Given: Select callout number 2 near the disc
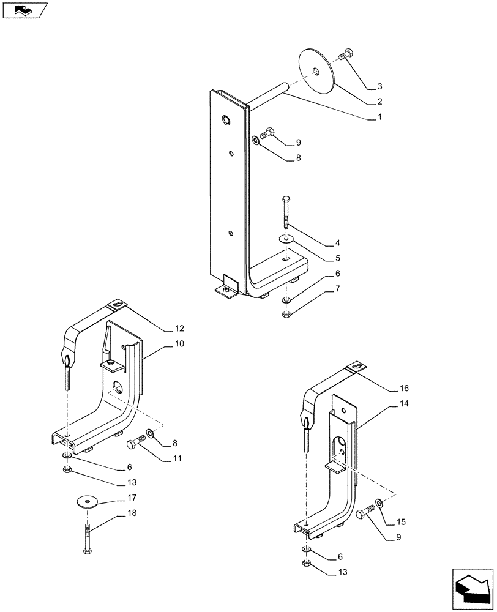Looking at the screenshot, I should coord(379,102).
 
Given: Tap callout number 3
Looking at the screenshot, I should coord(379,86).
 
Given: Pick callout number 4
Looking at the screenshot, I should coord(337,243).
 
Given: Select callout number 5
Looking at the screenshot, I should coord(337,258).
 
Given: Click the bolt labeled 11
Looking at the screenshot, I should coord(136,443).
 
